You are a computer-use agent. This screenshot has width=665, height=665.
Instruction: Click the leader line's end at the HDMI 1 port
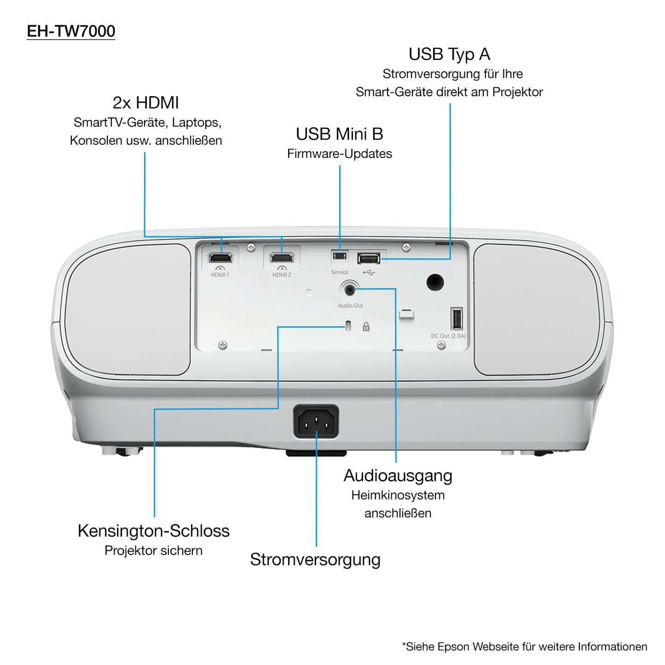point(221,253)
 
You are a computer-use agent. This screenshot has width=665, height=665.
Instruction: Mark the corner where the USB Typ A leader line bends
point(450,259)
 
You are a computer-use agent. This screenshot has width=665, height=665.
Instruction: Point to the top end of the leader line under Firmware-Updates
point(340,166)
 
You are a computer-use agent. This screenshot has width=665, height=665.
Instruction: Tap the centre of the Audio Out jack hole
point(350,290)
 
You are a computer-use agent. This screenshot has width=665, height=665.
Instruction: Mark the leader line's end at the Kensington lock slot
point(344,326)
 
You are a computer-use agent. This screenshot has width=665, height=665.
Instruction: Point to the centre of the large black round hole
point(435,282)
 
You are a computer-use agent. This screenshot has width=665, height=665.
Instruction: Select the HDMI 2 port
point(282,257)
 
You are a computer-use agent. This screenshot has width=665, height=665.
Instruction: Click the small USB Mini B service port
point(340,256)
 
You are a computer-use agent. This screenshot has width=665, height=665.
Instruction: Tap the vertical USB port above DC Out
point(456,318)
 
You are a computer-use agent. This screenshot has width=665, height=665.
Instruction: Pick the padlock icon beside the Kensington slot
point(366,326)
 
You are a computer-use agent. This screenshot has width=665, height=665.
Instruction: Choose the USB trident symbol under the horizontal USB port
point(369,272)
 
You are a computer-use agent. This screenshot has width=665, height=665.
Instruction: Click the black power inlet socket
point(316,422)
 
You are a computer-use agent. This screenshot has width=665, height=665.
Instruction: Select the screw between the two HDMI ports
point(251,247)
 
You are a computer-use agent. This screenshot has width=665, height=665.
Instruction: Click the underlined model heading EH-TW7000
point(71,31)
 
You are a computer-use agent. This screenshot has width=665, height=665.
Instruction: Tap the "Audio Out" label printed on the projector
point(350,306)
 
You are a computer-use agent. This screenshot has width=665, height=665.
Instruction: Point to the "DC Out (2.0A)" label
point(448,336)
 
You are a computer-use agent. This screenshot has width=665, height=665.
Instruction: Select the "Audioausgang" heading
point(398,476)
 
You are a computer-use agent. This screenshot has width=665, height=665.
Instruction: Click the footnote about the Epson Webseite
point(525,647)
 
